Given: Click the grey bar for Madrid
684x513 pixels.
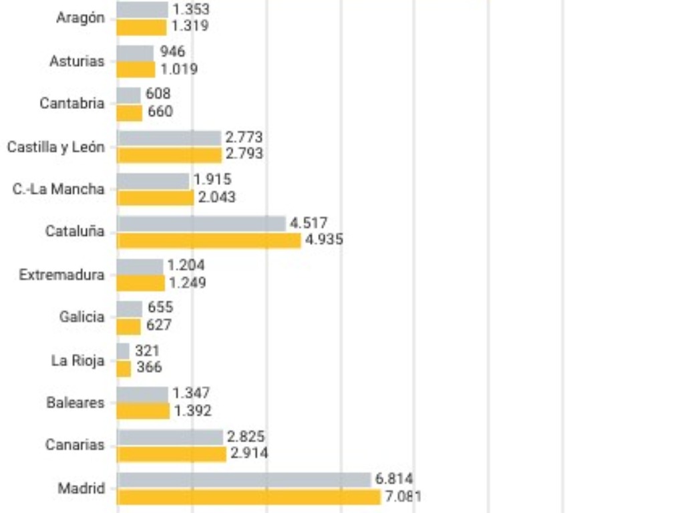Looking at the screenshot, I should point(244,480).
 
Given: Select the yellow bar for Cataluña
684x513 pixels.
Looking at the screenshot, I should point(208,240).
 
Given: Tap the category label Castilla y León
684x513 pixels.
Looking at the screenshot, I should point(56,147).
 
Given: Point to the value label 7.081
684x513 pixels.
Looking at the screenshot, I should point(403,496).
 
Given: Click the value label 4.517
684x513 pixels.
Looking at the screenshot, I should point(309,223).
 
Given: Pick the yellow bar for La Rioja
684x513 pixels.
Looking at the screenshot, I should point(124,368).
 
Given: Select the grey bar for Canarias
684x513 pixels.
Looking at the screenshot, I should point(170,437).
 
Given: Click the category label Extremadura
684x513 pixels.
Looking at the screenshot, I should point(61,275).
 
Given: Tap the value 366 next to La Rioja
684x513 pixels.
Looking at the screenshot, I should point(149,367).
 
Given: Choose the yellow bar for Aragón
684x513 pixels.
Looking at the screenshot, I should point(141,27).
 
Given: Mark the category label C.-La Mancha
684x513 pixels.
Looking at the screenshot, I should point(59,189).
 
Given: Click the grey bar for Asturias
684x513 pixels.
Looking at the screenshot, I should point(135,53).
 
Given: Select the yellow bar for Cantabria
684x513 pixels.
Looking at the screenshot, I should point(129,112).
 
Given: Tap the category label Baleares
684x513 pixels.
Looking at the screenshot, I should point(75,403).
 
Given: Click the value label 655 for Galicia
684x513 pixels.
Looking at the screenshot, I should point(160,307).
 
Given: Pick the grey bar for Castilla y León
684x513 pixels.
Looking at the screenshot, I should point(168,138).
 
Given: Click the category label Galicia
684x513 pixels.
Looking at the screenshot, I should point(81,317).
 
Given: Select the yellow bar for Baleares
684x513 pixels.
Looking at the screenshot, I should point(143,411).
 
